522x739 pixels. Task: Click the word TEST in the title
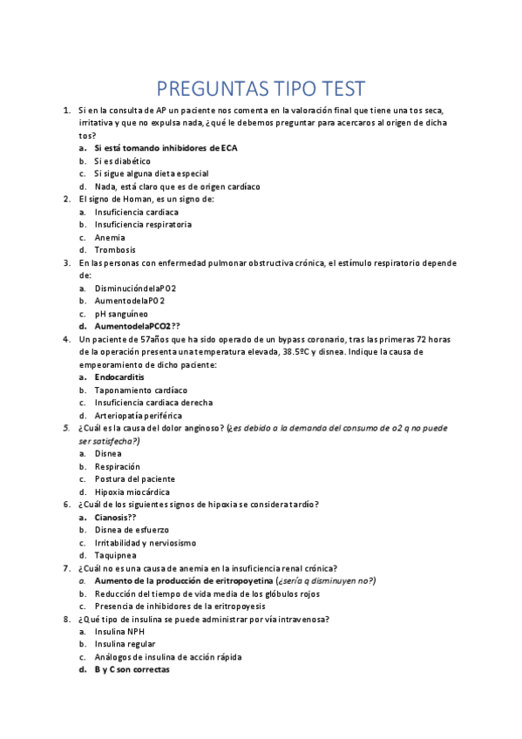[335, 89]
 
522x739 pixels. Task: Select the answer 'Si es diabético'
[122, 161]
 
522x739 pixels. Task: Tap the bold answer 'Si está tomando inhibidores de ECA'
[166, 148]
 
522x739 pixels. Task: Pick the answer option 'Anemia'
[110, 237]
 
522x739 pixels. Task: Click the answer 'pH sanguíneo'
[121, 314]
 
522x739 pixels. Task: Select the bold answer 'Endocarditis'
[119, 377]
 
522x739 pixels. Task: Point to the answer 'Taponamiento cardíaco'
[140, 390]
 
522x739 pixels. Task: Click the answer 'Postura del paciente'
[134, 479]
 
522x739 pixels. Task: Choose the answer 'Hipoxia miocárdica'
[132, 492]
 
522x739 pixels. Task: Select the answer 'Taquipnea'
[115, 555]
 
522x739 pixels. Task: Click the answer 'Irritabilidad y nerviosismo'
[145, 542]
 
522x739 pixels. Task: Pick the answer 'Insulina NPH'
[119, 632]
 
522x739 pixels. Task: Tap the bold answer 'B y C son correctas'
[132, 669]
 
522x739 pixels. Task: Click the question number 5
[67, 428]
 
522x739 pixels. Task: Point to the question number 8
[67, 619]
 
